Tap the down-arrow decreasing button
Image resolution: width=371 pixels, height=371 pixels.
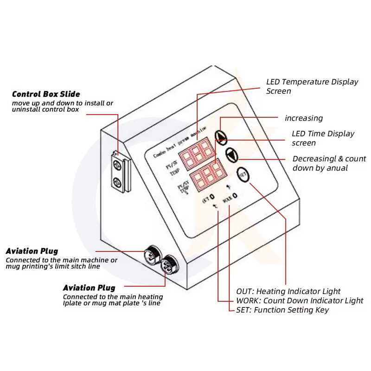231,154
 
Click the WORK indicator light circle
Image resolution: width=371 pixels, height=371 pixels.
235,195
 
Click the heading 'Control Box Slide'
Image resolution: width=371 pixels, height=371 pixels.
46,94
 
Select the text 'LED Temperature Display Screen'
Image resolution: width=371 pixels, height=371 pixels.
312,86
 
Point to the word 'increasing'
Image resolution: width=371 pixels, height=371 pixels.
304,118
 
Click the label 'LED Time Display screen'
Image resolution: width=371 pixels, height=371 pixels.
323,138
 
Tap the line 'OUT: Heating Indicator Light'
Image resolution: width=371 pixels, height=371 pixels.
288,291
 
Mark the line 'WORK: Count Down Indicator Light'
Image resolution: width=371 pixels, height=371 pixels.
300,301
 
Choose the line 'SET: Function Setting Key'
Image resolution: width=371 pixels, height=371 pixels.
282,310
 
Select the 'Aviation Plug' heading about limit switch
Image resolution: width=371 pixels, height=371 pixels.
32,251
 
